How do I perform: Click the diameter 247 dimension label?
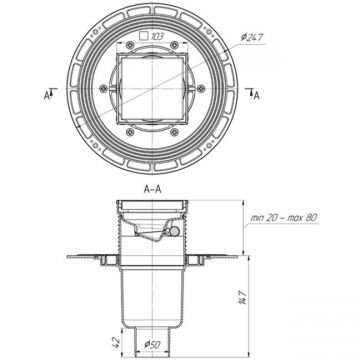point(252,38)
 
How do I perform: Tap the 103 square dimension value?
point(157,36)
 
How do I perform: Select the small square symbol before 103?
point(143,36)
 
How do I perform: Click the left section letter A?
point(47,96)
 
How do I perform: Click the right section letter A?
point(256,96)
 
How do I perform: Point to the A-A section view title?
point(153,189)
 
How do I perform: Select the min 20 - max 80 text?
point(283,218)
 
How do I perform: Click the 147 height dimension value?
point(244,297)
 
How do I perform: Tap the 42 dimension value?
point(116,343)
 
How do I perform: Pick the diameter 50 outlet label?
point(153,345)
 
